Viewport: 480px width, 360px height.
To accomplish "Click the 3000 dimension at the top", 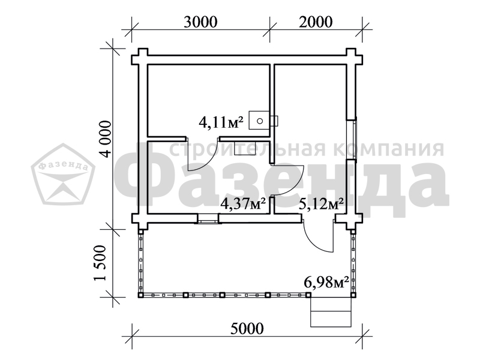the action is [x=200, y=22].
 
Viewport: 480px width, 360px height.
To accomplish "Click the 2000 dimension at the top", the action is [x=316, y=22].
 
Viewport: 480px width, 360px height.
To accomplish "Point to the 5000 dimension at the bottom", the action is [x=247, y=328].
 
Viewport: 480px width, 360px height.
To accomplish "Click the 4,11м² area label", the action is [x=221, y=123].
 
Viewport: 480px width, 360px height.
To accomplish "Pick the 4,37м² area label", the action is [x=243, y=203].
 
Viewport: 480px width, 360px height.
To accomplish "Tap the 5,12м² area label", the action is [x=321, y=203].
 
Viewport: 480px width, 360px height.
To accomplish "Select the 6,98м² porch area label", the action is [x=326, y=282].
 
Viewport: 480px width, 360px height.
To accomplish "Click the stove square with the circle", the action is [x=259, y=121].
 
